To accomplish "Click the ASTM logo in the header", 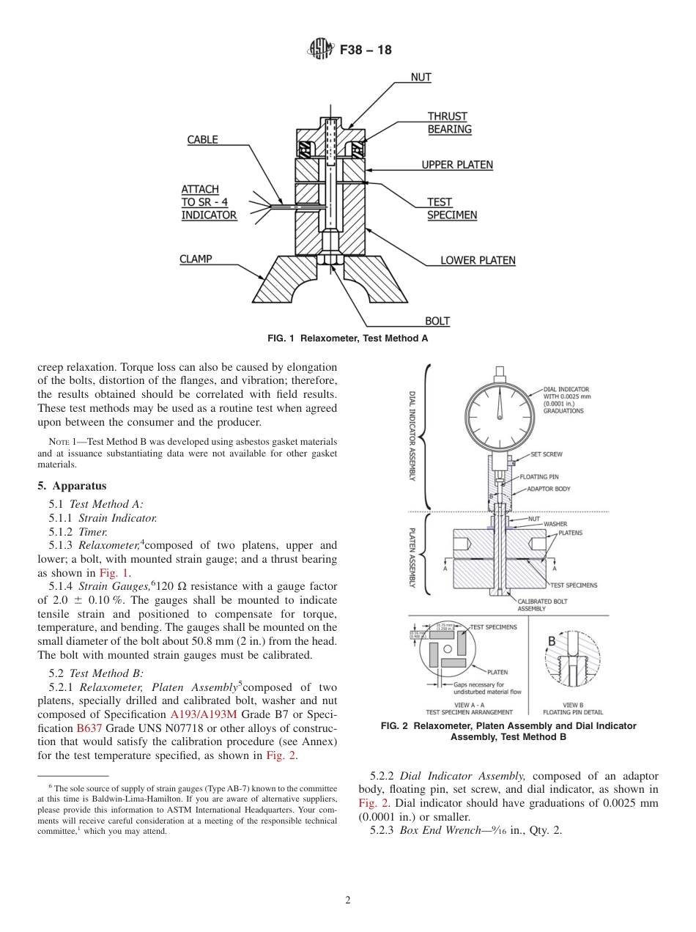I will pos(320,50).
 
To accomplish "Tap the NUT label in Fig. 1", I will pos(421,77).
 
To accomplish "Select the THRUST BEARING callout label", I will pos(448,123).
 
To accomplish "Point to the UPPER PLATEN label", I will pos(456,166).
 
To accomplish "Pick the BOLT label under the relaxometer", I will pos(437,321).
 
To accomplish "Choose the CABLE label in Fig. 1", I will pos(202,140).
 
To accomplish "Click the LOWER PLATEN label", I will pos(477,260).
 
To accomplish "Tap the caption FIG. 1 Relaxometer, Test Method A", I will pos(347,339).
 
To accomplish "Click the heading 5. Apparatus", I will pos(72,486).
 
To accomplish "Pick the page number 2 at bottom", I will pos(347,900).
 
